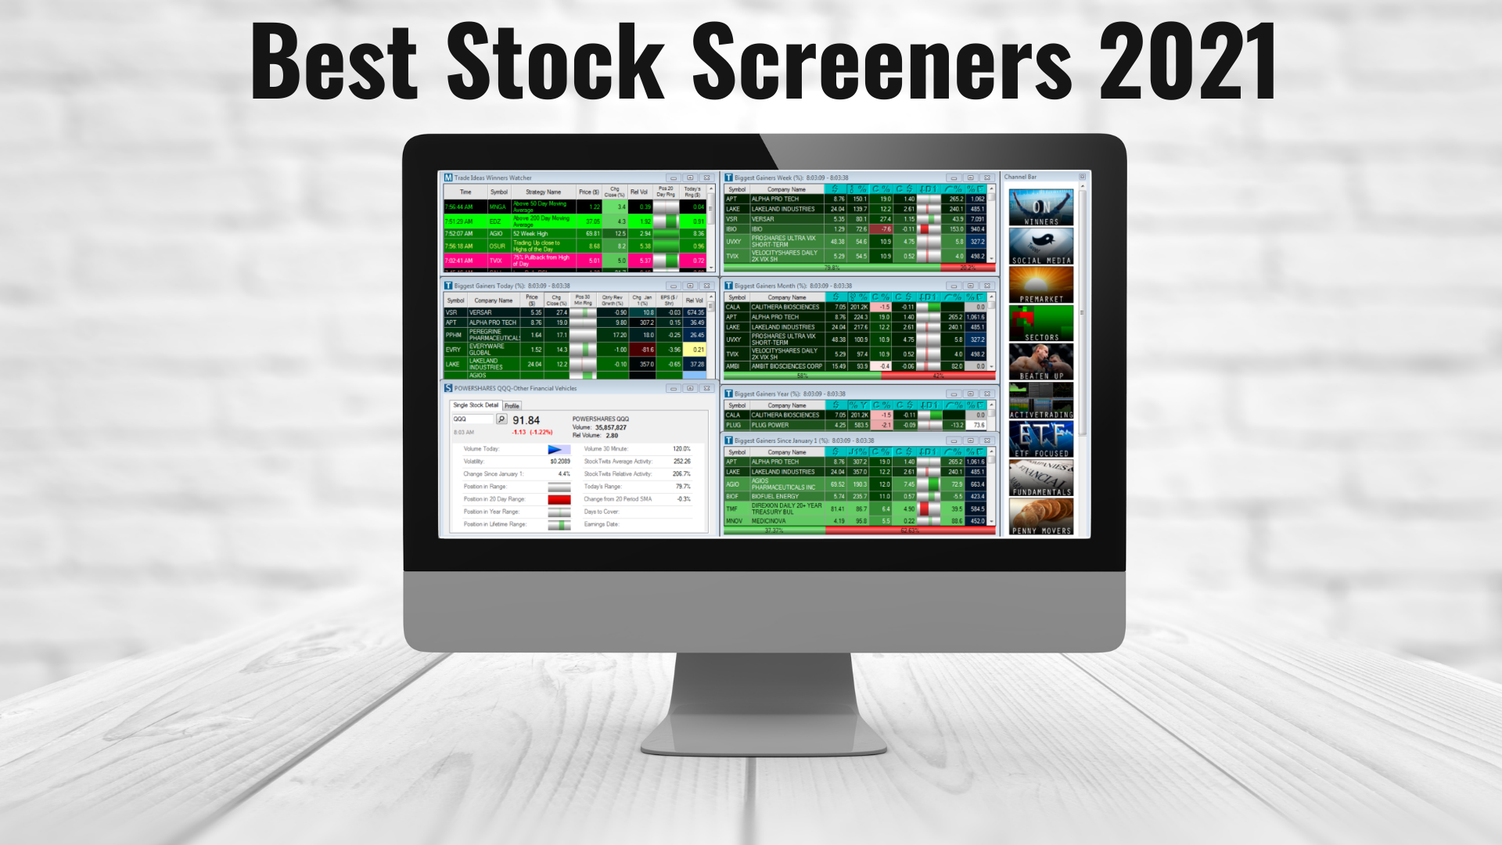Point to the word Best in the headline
point(334,63)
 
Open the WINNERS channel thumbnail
point(1040,207)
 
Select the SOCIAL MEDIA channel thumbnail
point(1040,246)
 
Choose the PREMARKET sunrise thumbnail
point(1040,284)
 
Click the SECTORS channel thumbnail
point(1040,322)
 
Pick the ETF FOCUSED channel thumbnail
point(1040,438)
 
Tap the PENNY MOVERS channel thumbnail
point(1040,516)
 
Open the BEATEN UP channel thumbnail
point(1040,361)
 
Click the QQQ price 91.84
point(526,420)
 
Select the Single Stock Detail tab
point(476,405)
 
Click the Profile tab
point(512,405)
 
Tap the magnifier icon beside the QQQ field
point(501,419)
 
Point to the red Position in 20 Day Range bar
point(559,499)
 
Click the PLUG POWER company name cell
point(771,426)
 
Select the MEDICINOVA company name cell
point(768,521)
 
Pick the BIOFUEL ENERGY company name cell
point(775,496)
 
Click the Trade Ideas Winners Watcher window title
point(493,178)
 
